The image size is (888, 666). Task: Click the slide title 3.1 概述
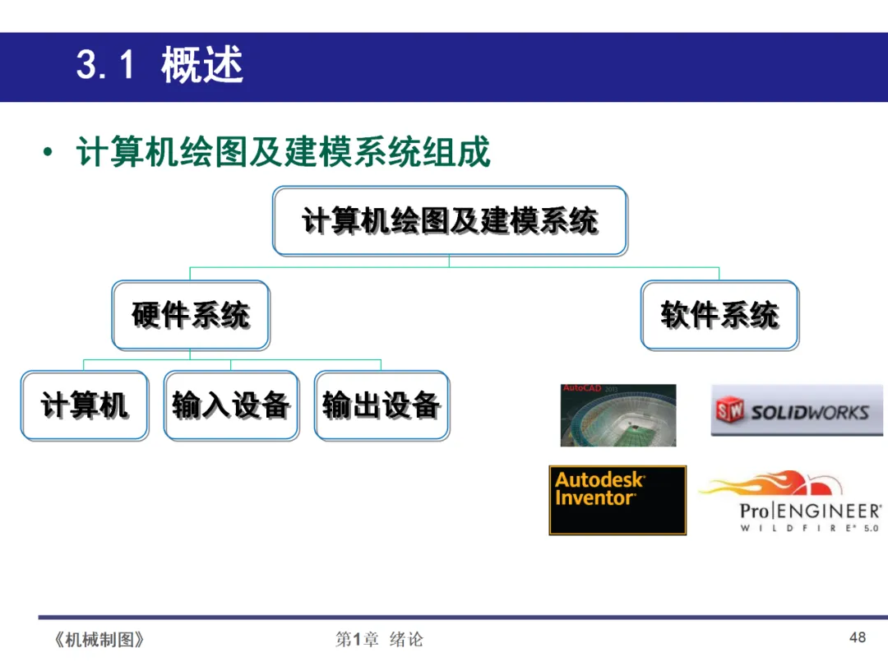tap(160, 66)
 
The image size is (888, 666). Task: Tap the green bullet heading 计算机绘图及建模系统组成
tap(284, 153)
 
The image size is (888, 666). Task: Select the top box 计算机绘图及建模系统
tap(450, 220)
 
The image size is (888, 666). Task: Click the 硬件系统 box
tap(191, 315)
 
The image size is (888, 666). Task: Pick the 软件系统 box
tap(719, 315)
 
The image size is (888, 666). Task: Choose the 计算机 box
tap(85, 405)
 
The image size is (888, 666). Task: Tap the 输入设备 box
tap(231, 405)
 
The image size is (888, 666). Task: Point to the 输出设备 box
tap(382, 405)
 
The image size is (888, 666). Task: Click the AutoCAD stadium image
tap(618, 415)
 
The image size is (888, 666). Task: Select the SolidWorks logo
tap(796, 410)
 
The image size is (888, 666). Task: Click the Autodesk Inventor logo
tap(617, 500)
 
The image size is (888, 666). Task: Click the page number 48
tap(858, 637)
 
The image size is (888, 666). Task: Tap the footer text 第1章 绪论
tap(379, 640)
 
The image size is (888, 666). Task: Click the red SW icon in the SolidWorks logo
tap(730, 410)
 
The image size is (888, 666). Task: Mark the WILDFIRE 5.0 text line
tap(809, 529)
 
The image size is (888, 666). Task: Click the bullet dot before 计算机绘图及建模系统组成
tap(49, 154)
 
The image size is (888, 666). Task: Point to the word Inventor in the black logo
tap(595, 498)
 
